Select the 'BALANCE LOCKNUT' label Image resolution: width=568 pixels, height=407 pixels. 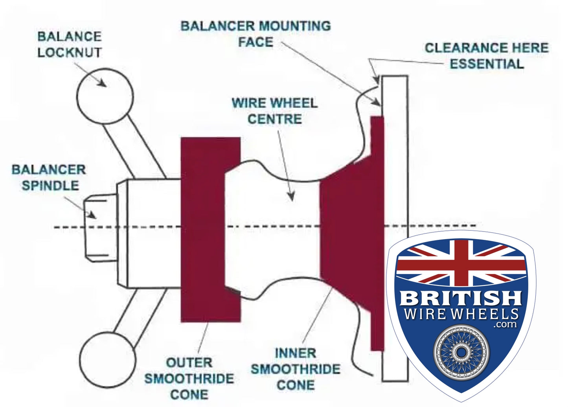click(x=70, y=44)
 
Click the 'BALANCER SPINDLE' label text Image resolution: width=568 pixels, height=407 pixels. click(x=49, y=177)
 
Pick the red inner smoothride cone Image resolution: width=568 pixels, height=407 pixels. click(x=350, y=232)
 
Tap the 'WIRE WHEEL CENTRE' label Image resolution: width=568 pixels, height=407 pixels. click(x=274, y=111)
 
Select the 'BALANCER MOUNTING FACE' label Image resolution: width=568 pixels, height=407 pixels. click(x=256, y=34)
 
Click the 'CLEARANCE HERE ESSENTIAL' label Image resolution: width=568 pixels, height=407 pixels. click(x=487, y=55)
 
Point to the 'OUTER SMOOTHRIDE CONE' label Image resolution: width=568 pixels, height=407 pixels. click(x=189, y=378)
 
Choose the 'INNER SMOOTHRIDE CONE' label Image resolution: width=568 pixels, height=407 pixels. click(x=296, y=369)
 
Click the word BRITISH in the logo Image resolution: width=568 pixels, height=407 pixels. click(x=461, y=298)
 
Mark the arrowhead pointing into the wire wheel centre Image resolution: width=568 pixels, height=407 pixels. click(x=291, y=197)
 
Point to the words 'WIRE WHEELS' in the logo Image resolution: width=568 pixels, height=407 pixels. click(x=461, y=314)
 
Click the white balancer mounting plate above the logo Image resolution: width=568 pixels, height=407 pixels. click(x=395, y=157)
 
